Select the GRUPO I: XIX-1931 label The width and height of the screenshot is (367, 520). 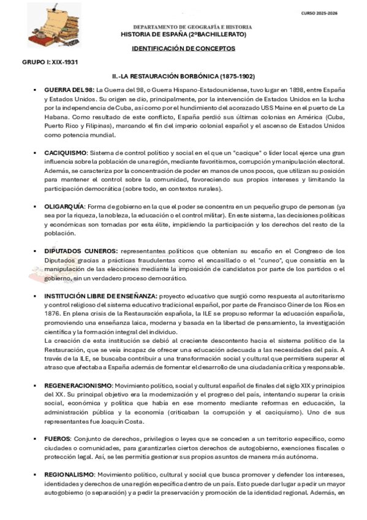tap(49, 63)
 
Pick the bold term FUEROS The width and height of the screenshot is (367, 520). tap(58, 439)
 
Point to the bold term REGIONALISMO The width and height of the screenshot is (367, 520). tap(69, 475)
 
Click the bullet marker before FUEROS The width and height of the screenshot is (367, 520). tap(36, 440)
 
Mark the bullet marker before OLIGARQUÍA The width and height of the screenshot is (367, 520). tap(36, 207)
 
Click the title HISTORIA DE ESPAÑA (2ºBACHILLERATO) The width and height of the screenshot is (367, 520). tap(183, 34)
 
